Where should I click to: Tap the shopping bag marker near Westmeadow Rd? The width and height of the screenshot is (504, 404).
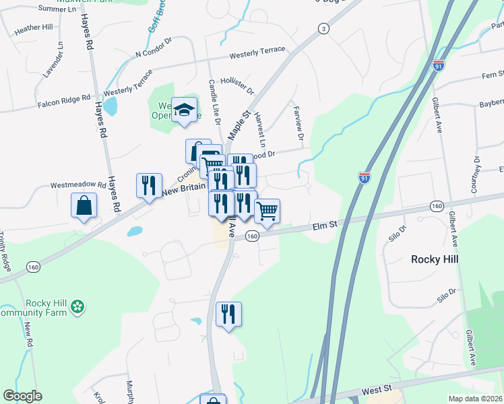[84, 205]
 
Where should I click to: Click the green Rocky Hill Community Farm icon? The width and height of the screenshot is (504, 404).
[79, 307]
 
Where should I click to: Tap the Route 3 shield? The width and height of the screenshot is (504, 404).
[324, 28]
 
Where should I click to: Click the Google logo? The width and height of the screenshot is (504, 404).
[22, 396]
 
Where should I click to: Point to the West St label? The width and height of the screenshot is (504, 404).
[376, 390]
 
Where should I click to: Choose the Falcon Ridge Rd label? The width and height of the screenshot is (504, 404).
[63, 100]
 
